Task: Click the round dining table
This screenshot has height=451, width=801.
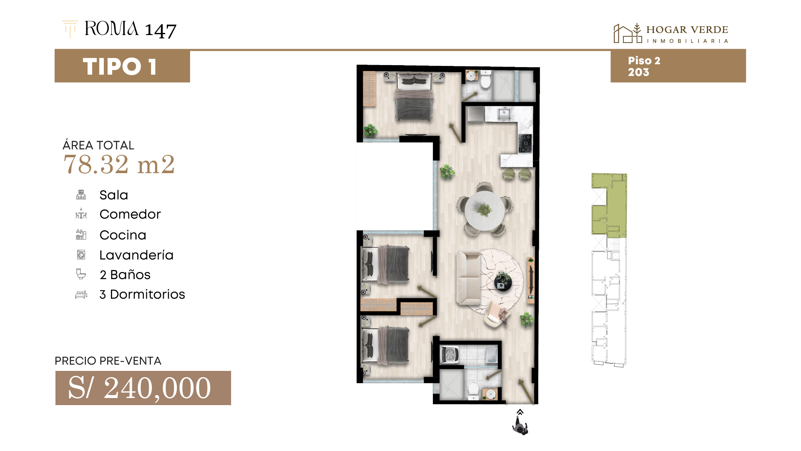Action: pyautogui.click(x=485, y=210)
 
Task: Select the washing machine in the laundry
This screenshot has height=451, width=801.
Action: pyautogui.click(x=450, y=355)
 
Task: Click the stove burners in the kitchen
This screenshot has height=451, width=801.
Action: pyautogui.click(x=525, y=143)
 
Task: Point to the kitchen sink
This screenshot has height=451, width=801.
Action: pyautogui.click(x=504, y=113)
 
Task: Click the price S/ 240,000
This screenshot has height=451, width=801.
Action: pyautogui.click(x=140, y=388)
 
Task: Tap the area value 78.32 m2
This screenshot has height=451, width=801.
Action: pyautogui.click(x=119, y=164)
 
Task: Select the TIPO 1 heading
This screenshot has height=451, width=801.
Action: pyautogui.click(x=120, y=67)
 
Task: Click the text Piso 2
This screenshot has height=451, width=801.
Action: pyautogui.click(x=644, y=60)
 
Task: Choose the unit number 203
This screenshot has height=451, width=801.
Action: pyautogui.click(x=639, y=72)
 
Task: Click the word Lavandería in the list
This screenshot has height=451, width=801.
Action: pyautogui.click(x=136, y=255)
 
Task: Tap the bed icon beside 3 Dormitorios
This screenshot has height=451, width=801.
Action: pyautogui.click(x=81, y=295)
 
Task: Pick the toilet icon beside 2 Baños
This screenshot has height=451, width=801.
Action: pyautogui.click(x=81, y=274)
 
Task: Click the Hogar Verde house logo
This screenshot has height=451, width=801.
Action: pyautogui.click(x=628, y=33)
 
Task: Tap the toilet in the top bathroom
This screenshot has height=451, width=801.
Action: pyautogui.click(x=485, y=79)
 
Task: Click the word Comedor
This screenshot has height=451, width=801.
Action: pyautogui.click(x=130, y=214)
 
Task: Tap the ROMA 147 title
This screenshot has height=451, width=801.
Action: pyautogui.click(x=131, y=29)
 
